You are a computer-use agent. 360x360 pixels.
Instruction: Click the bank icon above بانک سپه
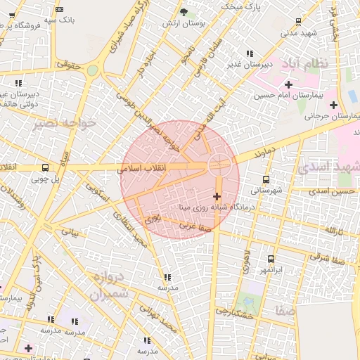pyautogui.click(x=59, y=9)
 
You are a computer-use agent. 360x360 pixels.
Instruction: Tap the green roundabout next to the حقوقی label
pyautogui.click(x=93, y=70)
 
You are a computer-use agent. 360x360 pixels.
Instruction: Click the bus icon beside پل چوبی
pyautogui.click(x=46, y=167)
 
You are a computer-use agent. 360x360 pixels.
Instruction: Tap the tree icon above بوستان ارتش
pyautogui.click(x=184, y=12)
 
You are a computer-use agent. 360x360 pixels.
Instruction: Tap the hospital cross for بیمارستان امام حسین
pyautogui.click(x=288, y=84)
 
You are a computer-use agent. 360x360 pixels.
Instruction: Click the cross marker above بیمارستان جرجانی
pyautogui.click(x=333, y=105)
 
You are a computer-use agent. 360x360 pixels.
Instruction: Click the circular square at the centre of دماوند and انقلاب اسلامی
pyautogui.click(x=219, y=165)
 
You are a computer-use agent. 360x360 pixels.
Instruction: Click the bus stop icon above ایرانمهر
pyautogui.click(x=271, y=259)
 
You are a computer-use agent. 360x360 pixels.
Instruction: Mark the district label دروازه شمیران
pyautogui.click(x=110, y=284)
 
